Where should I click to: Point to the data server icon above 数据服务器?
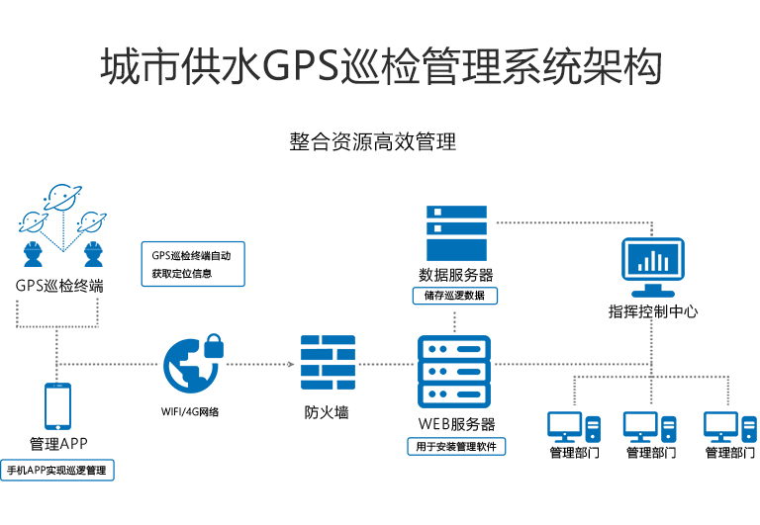[456, 232]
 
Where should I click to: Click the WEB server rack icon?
[454, 371]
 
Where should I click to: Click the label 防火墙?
[327, 412]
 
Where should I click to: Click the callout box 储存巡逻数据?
[455, 296]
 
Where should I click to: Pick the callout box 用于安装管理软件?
[455, 446]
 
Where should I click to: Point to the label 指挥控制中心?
[652, 311]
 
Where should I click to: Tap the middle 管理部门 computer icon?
[650, 426]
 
